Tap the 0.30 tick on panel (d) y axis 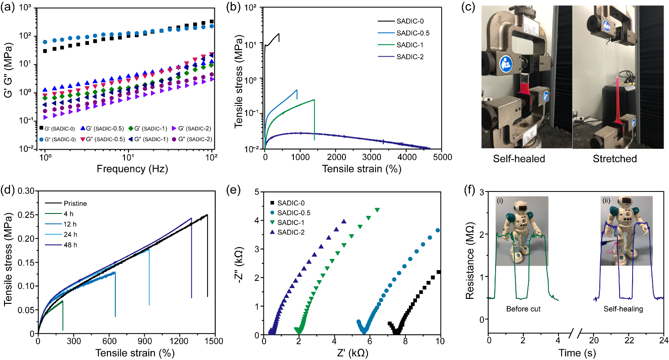[x=26, y=191]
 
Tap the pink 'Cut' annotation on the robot [x=610, y=252]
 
